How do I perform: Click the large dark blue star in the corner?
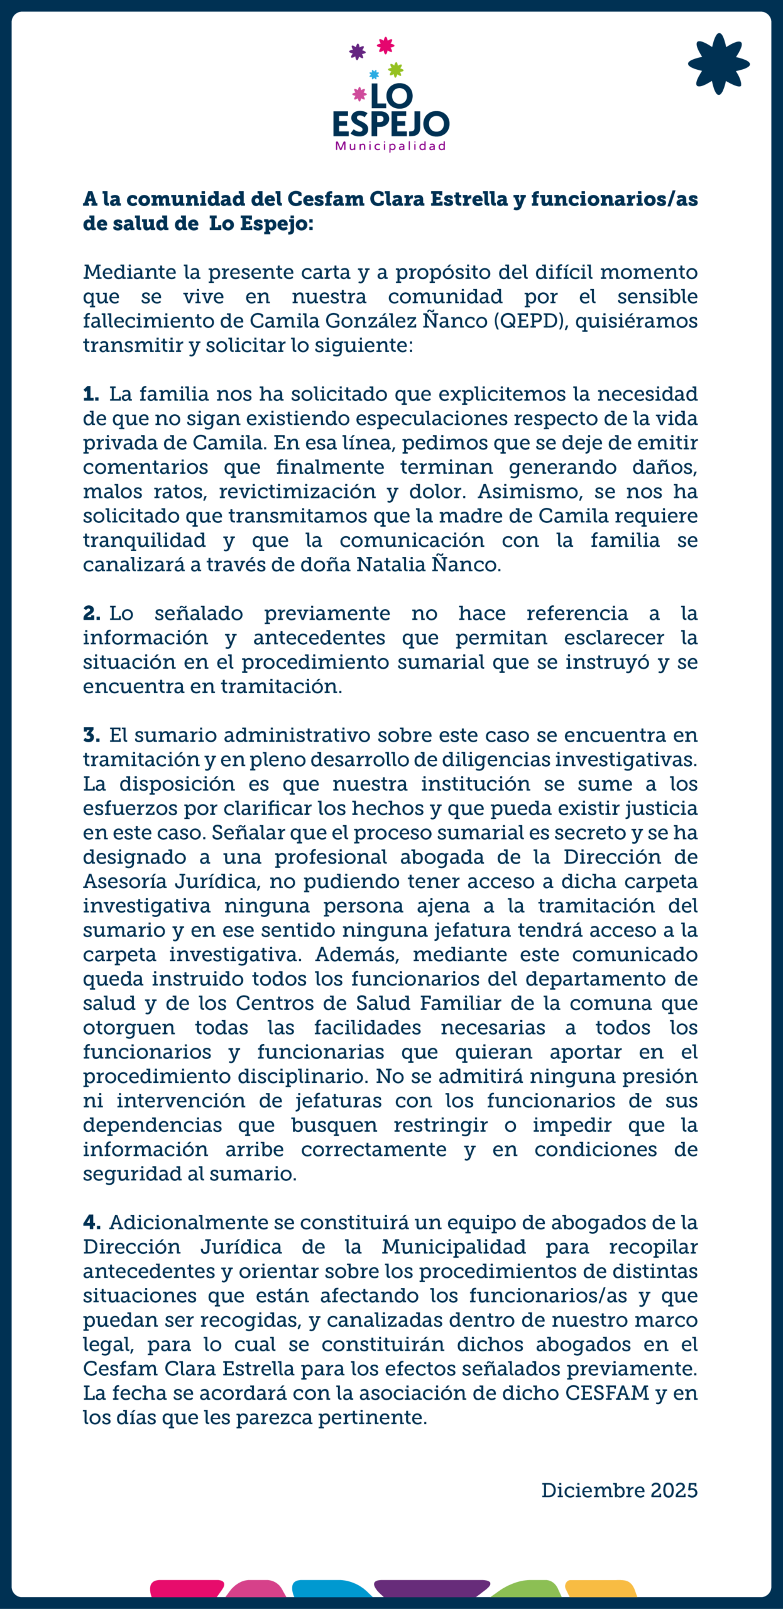coord(718,64)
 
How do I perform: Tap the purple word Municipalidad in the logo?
coord(390,146)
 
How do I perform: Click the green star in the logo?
coord(395,69)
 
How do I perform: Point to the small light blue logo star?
coord(374,75)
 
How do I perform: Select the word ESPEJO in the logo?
coord(391,124)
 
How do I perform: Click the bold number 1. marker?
coord(91,394)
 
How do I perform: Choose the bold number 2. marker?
coord(92,613)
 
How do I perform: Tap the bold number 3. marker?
coord(92,735)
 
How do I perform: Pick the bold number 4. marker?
coord(92,1222)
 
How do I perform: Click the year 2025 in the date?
coord(674,1490)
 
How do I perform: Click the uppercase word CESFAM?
coord(607,1393)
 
